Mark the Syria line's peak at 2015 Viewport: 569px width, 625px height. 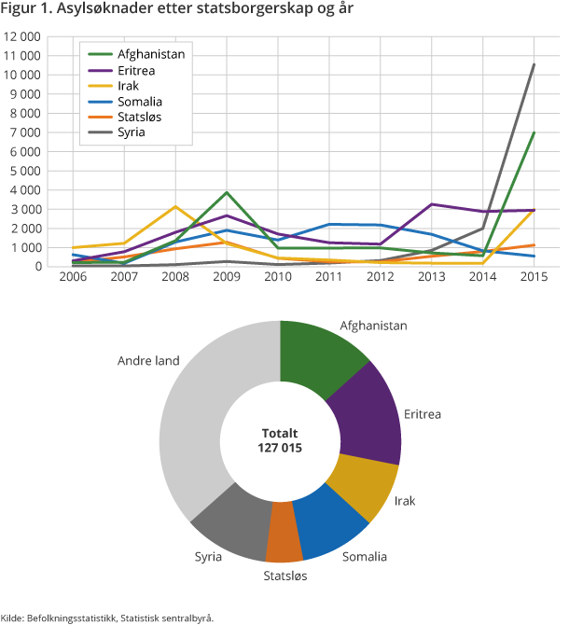click(x=533, y=64)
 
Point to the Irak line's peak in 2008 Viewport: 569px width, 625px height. click(x=174, y=207)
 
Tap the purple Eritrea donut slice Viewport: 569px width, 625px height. click(x=368, y=410)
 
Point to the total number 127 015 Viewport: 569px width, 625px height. click(x=280, y=448)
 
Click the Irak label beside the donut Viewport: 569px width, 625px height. click(x=405, y=501)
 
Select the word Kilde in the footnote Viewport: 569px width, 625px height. click(x=13, y=617)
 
